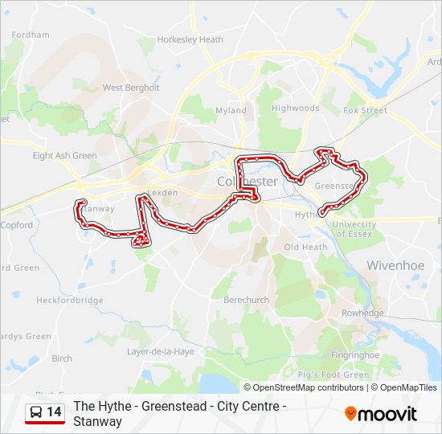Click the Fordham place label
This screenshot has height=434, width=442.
[x=31, y=35]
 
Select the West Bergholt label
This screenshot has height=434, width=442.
[x=131, y=88]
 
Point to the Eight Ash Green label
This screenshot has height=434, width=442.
[x=64, y=156]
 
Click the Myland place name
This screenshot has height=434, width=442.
[x=231, y=111]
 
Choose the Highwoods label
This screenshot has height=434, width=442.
[x=295, y=108]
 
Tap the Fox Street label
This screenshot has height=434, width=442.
[x=365, y=110]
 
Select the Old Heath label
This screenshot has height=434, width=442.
[x=305, y=247]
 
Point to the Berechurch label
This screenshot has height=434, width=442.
[x=246, y=299]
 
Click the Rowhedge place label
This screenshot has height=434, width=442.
[x=362, y=313]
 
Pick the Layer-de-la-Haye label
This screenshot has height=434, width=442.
[x=160, y=351]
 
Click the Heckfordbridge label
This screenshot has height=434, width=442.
[x=70, y=300]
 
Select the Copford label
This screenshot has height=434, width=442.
[x=17, y=225]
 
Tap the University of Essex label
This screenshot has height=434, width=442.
[x=354, y=229]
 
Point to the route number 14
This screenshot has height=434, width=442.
[x=54, y=412]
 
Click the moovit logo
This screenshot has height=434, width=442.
[x=381, y=414]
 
